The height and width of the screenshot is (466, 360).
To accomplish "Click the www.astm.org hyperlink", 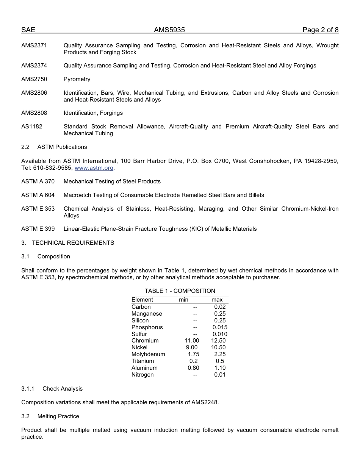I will (x=94, y=168).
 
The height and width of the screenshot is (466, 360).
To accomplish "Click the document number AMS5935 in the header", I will (x=169, y=30).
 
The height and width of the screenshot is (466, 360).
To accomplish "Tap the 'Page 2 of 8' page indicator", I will (x=320, y=30).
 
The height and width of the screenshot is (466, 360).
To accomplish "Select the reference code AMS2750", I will (x=34, y=79).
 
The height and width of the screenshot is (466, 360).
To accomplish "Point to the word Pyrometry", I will (x=77, y=79).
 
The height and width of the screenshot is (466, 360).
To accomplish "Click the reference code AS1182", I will (x=32, y=127).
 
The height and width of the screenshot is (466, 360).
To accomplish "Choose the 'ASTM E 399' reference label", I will (x=38, y=229).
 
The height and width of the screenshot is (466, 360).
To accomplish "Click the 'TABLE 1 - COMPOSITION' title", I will (x=180, y=291).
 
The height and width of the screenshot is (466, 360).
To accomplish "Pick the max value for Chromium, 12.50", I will (x=218, y=341).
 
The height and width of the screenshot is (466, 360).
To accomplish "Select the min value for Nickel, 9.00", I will (x=192, y=347).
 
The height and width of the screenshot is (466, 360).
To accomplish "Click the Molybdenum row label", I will (x=148, y=354).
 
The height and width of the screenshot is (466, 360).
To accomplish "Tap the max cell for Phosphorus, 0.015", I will (x=220, y=327).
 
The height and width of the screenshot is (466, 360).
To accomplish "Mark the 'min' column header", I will (x=183, y=300).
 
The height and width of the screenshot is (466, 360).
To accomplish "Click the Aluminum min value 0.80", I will (x=193, y=368).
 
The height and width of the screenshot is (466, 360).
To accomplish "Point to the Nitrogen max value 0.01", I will (x=220, y=375).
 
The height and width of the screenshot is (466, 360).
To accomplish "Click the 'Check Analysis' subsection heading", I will (x=63, y=389).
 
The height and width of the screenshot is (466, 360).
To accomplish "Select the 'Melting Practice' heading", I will (x=58, y=416).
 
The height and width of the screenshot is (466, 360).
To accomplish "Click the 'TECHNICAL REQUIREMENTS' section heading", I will (x=73, y=243).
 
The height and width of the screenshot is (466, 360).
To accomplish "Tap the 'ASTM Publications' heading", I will (x=62, y=147).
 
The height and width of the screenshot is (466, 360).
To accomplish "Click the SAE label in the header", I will (x=28, y=30).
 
